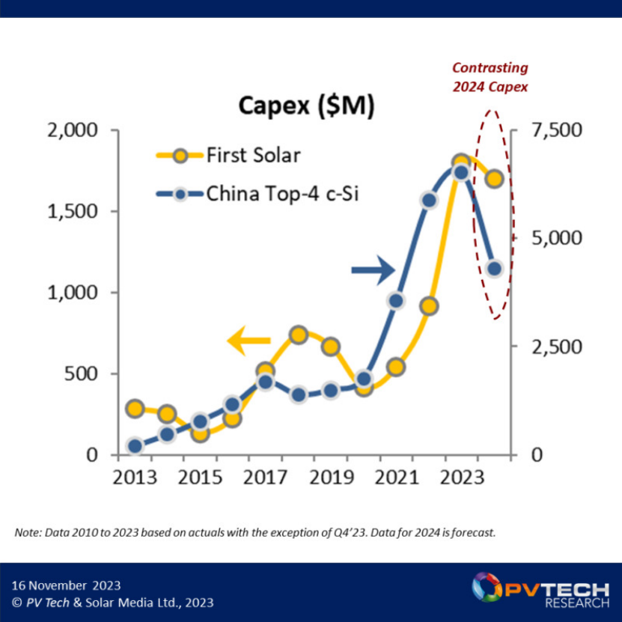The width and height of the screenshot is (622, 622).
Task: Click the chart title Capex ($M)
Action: (306, 106)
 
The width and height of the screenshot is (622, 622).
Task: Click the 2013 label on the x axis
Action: (135, 478)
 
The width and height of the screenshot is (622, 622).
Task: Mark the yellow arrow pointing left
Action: (249, 341)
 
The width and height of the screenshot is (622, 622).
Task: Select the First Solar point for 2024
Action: (494, 179)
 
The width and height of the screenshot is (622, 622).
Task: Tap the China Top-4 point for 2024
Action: (494, 268)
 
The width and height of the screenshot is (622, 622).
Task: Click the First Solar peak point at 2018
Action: (298, 335)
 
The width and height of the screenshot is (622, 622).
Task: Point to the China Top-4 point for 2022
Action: (429, 200)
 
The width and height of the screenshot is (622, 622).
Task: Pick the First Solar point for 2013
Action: (135, 409)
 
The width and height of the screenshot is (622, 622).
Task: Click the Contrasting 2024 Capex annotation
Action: (490, 78)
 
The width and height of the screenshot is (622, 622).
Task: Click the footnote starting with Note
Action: (254, 533)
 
